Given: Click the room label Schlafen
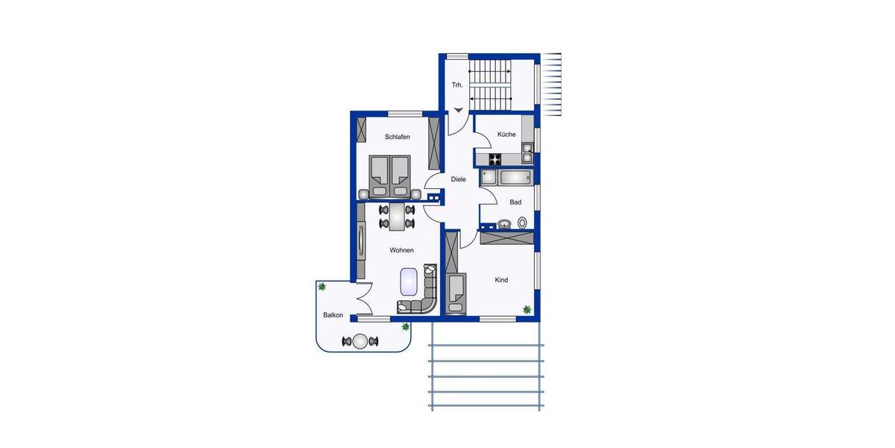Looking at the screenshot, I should [398, 137].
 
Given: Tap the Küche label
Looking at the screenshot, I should [506, 134].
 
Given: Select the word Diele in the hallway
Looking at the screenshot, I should [458, 179].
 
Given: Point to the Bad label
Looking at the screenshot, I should [515, 202].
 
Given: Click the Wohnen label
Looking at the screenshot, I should [401, 251].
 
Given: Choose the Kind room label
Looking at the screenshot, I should [501, 280].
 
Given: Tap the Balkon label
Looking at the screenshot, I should [333, 315].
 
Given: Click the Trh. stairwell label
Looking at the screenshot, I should [457, 85].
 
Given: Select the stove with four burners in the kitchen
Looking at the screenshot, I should [495, 158].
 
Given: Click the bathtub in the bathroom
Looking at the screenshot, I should [515, 178].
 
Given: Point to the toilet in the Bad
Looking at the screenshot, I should [522, 223].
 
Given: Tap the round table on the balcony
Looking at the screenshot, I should [360, 342].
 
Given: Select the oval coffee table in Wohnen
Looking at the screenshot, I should [409, 281].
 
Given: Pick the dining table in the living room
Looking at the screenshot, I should [396, 217].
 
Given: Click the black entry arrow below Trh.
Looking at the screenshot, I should [457, 111].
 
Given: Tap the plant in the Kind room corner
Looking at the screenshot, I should [527, 309].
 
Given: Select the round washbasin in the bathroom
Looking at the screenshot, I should [505, 223].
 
